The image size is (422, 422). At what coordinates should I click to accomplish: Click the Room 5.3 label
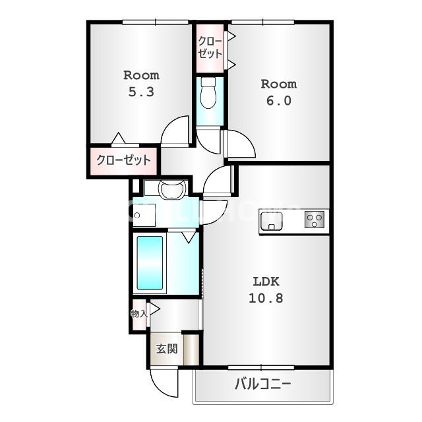coord(141,84)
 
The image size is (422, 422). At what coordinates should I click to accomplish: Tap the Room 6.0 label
coord(278,92)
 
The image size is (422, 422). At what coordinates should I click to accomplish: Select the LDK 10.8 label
coord(266,289)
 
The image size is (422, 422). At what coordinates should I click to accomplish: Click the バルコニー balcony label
coord(262,384)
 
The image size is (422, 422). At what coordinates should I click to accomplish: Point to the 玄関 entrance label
coord(166,349)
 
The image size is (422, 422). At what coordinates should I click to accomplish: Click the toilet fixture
coord(209,93)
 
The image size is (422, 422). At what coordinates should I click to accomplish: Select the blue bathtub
coord(150,262)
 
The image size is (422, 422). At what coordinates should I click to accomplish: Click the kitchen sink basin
coord(271,220)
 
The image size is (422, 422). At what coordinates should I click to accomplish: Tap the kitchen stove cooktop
coord(315,220)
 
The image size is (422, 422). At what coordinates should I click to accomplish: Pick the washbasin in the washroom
coord(172,190)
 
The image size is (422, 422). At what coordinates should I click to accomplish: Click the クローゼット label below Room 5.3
coord(123,160)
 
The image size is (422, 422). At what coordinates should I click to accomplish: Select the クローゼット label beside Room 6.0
coord(210,47)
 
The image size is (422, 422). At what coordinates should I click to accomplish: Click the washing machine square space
coord(144,214)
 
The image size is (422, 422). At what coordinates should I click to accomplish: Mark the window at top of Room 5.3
coord(156,22)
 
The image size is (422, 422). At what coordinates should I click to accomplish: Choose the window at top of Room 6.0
coord(262,22)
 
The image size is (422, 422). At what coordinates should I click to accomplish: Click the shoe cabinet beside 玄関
coord(191,349)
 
